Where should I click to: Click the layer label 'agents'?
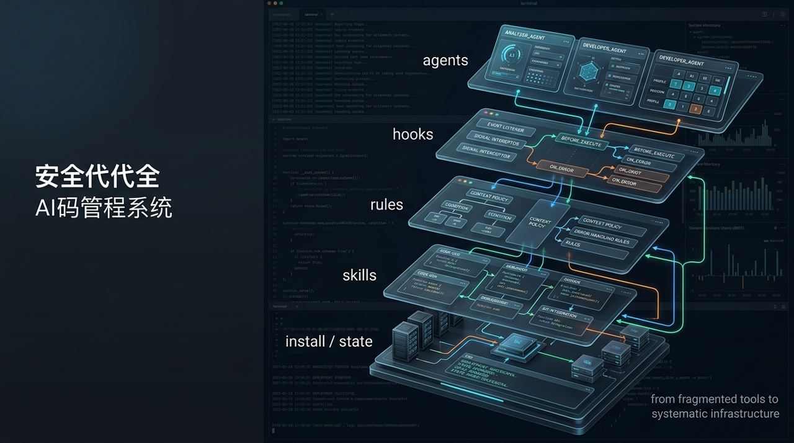click(445, 61)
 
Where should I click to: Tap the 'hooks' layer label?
click(413, 134)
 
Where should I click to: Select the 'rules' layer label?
click(386, 205)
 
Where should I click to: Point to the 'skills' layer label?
click(359, 275)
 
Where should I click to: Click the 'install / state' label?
click(329, 341)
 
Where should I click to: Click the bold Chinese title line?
click(97, 176)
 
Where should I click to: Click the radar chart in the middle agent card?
click(586, 73)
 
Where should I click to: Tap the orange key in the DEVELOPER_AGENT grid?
click(695, 109)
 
